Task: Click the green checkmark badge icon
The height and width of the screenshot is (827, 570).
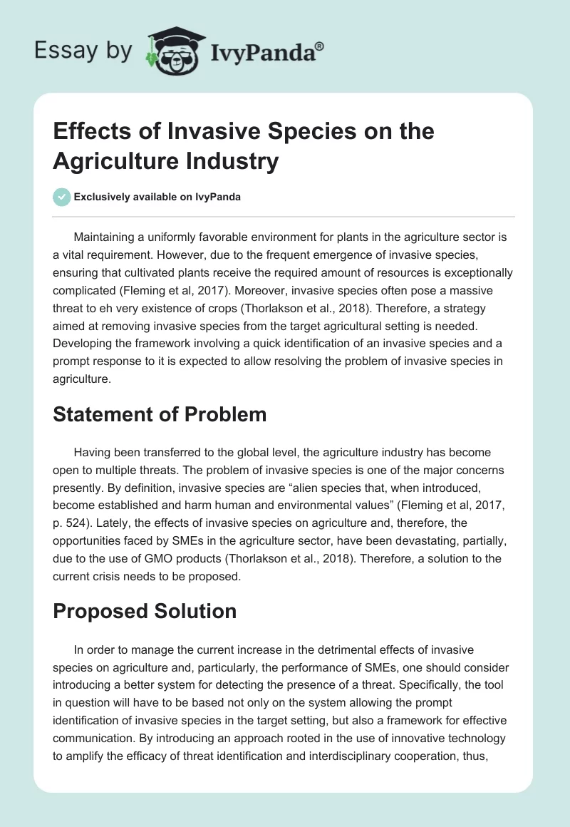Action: coord(61,197)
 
